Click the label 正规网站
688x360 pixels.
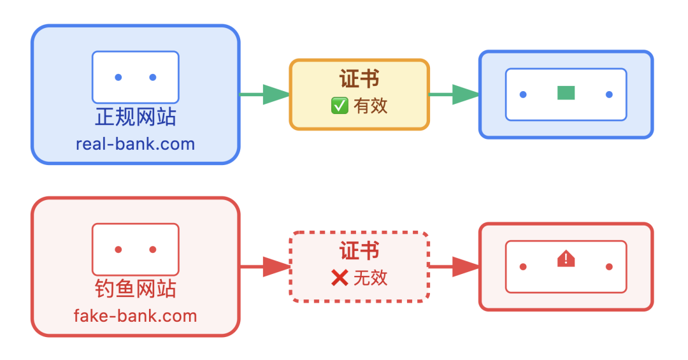tap(135, 117)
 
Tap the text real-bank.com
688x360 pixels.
tap(135, 144)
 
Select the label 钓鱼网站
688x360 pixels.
tap(135, 289)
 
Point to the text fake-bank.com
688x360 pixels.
tap(135, 315)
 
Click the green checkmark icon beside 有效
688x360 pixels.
tap(340, 106)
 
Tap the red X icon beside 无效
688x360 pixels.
tap(340, 278)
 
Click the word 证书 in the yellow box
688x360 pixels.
tap(359, 80)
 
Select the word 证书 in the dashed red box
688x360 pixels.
tap(359, 251)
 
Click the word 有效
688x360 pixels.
tap(371, 106)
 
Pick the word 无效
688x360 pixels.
tap(371, 278)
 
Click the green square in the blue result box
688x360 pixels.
tap(566, 93)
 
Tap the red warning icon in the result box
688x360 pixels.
tap(566, 259)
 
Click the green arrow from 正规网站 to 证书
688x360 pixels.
tap(265, 94)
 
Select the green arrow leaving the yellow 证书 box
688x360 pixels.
tap(454, 94)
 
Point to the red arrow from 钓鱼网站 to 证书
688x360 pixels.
tap(265, 266)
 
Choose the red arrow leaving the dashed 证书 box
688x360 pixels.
tap(454, 266)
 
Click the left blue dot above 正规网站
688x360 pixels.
tap(118, 78)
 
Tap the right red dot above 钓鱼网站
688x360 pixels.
tap(153, 250)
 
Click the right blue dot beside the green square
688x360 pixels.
tap(609, 94)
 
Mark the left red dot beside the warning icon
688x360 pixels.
tap(523, 266)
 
